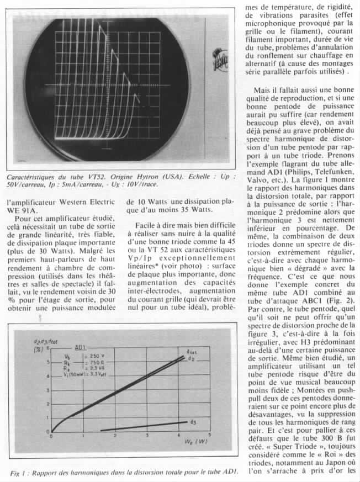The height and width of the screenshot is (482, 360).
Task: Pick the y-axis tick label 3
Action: (x=47, y=390)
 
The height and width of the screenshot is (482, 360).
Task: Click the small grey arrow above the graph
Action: (x=40, y=317)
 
